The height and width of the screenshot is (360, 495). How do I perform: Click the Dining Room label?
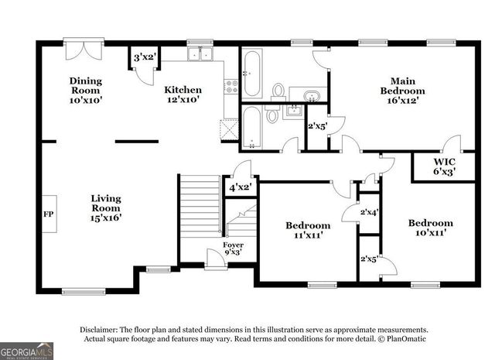(x=86, y=90)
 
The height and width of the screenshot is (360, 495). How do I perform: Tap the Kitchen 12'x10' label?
(x=183, y=94)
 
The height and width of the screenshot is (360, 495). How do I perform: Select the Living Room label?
(x=106, y=207)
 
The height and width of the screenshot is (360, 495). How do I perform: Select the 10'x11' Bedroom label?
(x=430, y=228)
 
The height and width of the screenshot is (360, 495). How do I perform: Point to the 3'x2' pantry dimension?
(x=144, y=57)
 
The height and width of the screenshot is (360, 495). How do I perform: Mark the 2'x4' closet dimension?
(x=369, y=211)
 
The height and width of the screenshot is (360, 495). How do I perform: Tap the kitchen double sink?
(x=202, y=53)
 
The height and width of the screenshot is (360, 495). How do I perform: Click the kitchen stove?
(x=230, y=87)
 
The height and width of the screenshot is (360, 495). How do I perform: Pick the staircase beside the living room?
(x=201, y=205)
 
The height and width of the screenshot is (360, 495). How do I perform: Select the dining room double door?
(x=80, y=50)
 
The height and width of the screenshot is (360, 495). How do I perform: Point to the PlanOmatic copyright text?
(x=401, y=339)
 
